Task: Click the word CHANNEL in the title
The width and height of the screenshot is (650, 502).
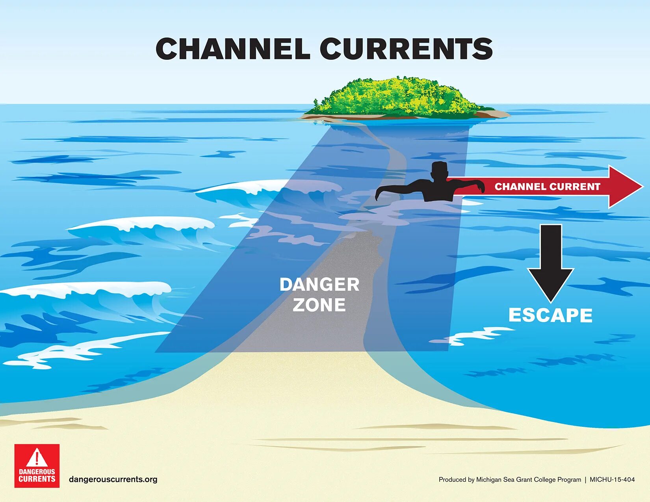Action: tap(232, 49)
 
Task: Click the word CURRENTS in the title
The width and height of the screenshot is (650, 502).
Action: tap(406, 49)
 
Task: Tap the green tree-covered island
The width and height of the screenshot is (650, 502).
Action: tap(398, 97)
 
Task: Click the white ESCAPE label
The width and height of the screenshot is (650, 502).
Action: tap(550, 315)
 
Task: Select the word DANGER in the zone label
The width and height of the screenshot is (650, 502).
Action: tap(319, 285)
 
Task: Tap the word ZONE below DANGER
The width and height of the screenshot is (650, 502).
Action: tap(319, 305)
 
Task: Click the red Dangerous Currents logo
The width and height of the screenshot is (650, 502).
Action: tap(37, 466)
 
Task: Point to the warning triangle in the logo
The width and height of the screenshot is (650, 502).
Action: tap(37, 458)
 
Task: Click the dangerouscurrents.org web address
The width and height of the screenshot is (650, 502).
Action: tap(113, 479)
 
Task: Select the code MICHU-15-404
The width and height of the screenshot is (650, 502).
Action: tap(612, 480)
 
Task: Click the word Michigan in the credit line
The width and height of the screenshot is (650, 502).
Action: tap(488, 480)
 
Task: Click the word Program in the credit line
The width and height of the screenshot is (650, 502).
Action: tap(569, 480)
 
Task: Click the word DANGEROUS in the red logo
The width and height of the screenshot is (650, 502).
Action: tap(37, 472)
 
